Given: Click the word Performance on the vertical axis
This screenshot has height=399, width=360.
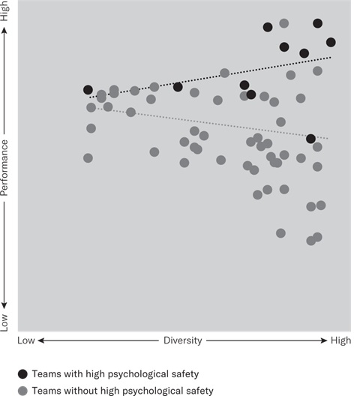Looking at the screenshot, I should tap(6, 167).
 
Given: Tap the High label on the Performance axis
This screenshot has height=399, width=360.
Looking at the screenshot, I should tap(6, 13).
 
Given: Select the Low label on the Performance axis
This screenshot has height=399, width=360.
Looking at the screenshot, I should tap(6, 322).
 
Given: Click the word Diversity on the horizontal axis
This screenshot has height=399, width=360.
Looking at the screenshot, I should tap(183, 340).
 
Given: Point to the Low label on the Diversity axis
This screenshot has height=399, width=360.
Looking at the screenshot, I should tap(26, 340).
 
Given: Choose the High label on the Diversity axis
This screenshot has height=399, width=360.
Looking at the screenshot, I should tap(340, 340).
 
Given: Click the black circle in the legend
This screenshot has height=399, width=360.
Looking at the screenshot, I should tap(23, 373).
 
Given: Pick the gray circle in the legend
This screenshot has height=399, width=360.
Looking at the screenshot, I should tap(23, 390).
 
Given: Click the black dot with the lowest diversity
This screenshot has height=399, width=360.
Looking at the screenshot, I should tap(88, 90).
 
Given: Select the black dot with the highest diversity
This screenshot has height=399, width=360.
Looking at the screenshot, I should tap(331, 42).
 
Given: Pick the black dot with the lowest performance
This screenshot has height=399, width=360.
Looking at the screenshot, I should tap(310, 139).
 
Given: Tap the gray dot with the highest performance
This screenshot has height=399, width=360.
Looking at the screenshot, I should tap(284, 23).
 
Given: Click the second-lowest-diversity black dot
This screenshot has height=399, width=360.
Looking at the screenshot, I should tap(178, 87).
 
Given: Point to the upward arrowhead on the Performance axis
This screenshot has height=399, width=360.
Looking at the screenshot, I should tap(6, 31).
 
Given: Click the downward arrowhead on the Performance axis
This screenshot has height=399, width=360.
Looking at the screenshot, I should tap(6, 304).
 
